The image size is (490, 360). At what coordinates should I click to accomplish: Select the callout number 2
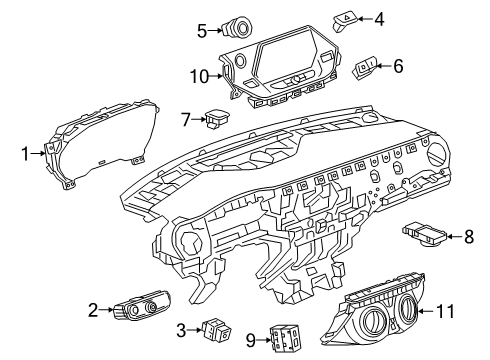93,310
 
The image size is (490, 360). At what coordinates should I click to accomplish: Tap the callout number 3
182,329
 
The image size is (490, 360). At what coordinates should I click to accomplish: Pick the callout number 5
202,30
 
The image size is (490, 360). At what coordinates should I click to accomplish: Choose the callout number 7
186,120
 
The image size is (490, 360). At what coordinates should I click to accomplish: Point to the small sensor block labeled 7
214,120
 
